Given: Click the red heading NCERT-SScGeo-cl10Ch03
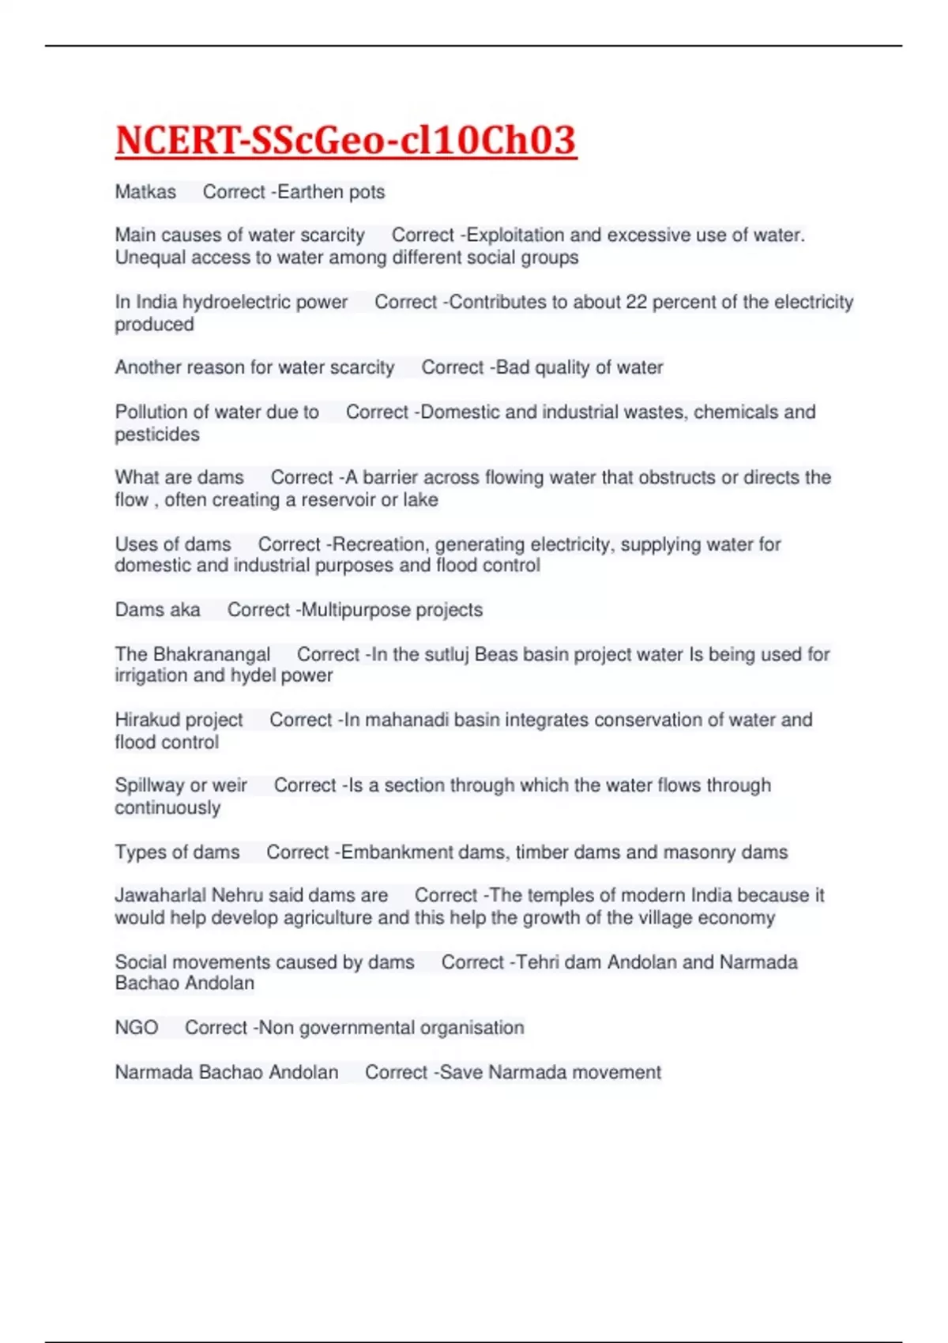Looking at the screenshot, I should (x=345, y=140).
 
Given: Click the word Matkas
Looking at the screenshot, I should (x=145, y=192).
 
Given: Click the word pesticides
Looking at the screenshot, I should (x=157, y=434).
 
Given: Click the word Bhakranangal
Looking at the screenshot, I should (x=211, y=654).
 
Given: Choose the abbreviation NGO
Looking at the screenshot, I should (x=137, y=1028).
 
